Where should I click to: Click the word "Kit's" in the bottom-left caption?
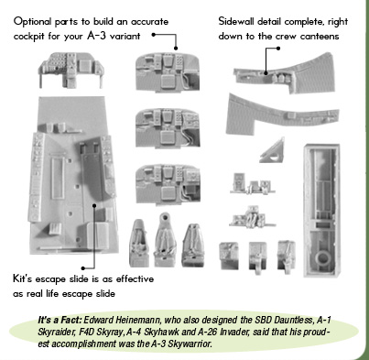pos(23,278)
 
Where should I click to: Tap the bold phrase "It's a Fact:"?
pos(60,320)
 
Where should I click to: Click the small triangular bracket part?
pos(273,151)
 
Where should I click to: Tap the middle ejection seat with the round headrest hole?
pos(166,240)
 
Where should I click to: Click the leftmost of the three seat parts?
pos(139,244)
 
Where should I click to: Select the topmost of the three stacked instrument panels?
pos(168,72)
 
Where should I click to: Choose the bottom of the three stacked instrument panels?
pos(168,184)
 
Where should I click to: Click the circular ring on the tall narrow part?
pos(322,259)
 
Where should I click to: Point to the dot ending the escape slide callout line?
pos(94,205)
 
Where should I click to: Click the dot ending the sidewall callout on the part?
pos(266,72)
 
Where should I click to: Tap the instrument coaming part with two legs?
pos(71,70)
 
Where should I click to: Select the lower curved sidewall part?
pos(282,114)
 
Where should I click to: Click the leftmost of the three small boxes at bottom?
pos(229,256)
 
